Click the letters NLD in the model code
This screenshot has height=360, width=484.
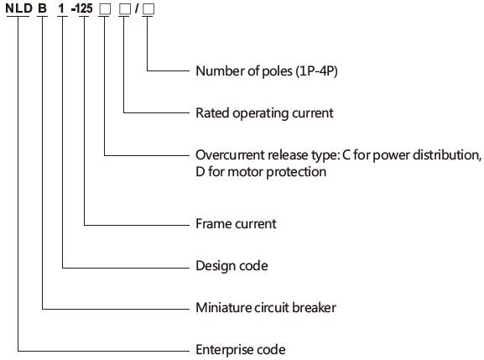click(x=18, y=8)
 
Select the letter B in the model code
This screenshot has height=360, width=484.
click(x=42, y=8)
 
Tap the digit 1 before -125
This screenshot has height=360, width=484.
click(x=61, y=8)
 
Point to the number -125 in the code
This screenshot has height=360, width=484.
click(x=82, y=8)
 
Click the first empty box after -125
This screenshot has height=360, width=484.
click(x=105, y=9)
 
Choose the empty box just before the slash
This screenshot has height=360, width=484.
click(x=125, y=9)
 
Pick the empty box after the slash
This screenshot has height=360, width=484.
click(x=148, y=9)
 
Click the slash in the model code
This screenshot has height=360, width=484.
click(x=137, y=8)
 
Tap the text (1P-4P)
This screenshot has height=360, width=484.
click(x=317, y=71)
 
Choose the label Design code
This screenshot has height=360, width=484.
click(x=232, y=266)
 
